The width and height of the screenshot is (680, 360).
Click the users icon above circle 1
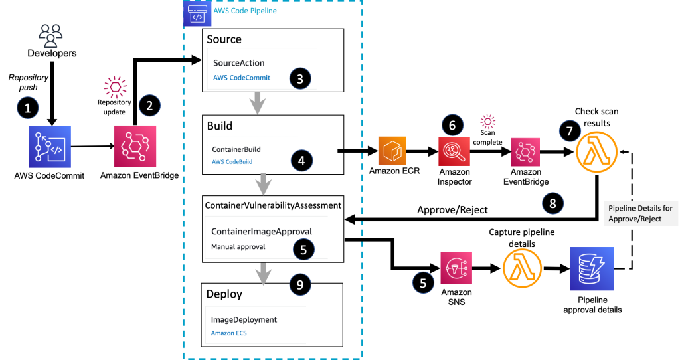tap(50, 36)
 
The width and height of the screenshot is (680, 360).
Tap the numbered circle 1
tap(27, 108)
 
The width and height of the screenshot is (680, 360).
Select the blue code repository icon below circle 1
tap(49, 147)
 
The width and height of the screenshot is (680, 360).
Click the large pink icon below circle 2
tap(135, 145)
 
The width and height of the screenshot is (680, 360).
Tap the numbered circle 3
tap(300, 78)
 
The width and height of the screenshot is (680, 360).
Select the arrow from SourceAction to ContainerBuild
tap(257, 104)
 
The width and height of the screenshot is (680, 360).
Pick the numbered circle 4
tap(301, 160)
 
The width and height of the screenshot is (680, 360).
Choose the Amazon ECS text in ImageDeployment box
tap(228, 333)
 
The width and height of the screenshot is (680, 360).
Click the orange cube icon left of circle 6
tap(391, 151)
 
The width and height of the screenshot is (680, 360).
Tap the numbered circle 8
tap(552, 203)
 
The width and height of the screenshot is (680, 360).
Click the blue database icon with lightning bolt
tap(592, 268)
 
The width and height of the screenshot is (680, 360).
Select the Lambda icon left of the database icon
tap(523, 268)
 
